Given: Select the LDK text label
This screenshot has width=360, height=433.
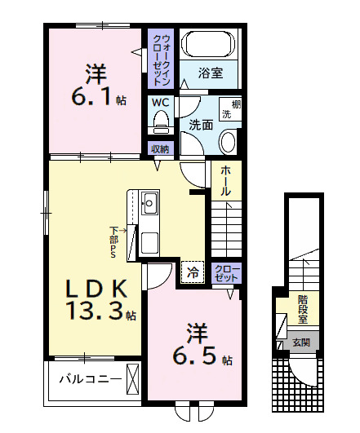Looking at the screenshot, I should tap(90, 288).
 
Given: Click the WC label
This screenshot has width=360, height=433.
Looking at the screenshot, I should tap(160, 104).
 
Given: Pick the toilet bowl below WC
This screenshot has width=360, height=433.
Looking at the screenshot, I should tap(160, 123).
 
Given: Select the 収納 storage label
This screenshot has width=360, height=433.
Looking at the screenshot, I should tap(160, 148).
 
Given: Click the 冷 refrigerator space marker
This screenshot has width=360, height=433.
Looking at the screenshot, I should tap(193, 272).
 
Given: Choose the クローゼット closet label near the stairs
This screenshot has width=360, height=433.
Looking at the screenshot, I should tap(226, 273).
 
